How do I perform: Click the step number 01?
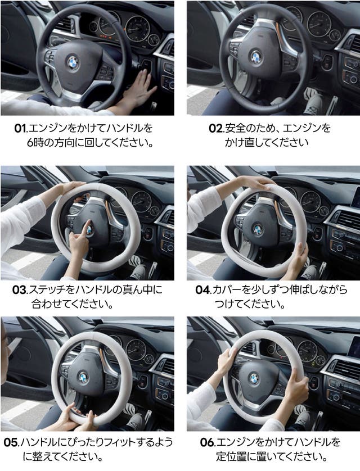20,128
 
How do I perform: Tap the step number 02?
216,128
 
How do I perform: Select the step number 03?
20,290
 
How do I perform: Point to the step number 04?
203,290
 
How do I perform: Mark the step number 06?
208,442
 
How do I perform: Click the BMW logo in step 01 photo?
73,63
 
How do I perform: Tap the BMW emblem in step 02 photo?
256,57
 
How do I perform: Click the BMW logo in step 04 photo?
258,230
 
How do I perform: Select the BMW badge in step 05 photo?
83,377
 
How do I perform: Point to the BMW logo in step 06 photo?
254,378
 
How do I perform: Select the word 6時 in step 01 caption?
35,143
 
